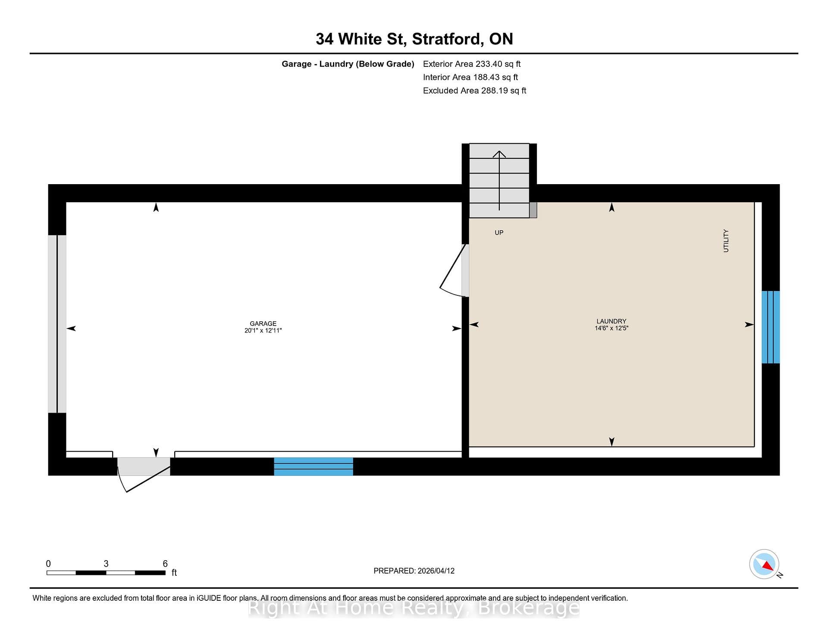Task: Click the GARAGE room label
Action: pyautogui.click(x=263, y=323)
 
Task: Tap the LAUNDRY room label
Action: pyautogui.click(x=612, y=321)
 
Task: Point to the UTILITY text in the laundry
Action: pyautogui.click(x=726, y=241)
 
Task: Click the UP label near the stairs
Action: pyautogui.click(x=499, y=232)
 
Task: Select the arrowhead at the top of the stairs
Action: pyautogui.click(x=499, y=154)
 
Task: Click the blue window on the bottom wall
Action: pyautogui.click(x=314, y=467)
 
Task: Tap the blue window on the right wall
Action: pyautogui.click(x=771, y=327)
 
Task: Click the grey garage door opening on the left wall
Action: pyautogui.click(x=57, y=324)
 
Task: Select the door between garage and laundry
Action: pyautogui.click(x=455, y=271)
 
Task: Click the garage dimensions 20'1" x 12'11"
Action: pyautogui.click(x=263, y=330)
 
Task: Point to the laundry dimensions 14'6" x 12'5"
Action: pyautogui.click(x=612, y=328)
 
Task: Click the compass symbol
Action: pyautogui.click(x=764, y=564)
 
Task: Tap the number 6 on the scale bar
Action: pyautogui.click(x=165, y=564)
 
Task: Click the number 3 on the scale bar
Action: pyautogui.click(x=106, y=564)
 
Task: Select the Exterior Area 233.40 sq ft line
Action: pyautogui.click(x=472, y=64)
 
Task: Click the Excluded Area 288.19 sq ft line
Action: pyautogui.click(x=474, y=91)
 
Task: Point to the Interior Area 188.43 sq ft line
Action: pyautogui.click(x=470, y=77)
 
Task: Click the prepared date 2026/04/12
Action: pyautogui.click(x=436, y=571)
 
